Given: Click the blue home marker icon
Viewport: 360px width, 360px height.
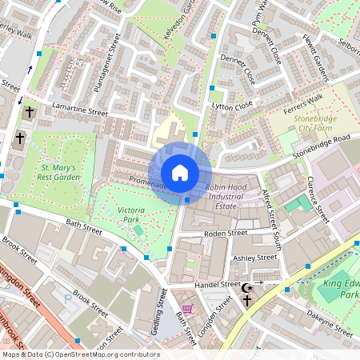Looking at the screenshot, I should pyautogui.click(x=180, y=172).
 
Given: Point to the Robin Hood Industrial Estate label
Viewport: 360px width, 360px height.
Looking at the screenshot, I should pyautogui.click(x=232, y=196).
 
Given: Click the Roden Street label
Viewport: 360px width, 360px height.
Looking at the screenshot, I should pyautogui.click(x=226, y=234).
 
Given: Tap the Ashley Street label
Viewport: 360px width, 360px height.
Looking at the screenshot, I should pyautogui.click(x=254, y=258).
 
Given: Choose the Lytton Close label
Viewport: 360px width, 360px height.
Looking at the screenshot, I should pyautogui.click(x=231, y=105).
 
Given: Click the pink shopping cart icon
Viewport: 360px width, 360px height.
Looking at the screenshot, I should pyautogui.click(x=187, y=309).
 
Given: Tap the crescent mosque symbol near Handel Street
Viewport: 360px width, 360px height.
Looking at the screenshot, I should pyautogui.click(x=247, y=287).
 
